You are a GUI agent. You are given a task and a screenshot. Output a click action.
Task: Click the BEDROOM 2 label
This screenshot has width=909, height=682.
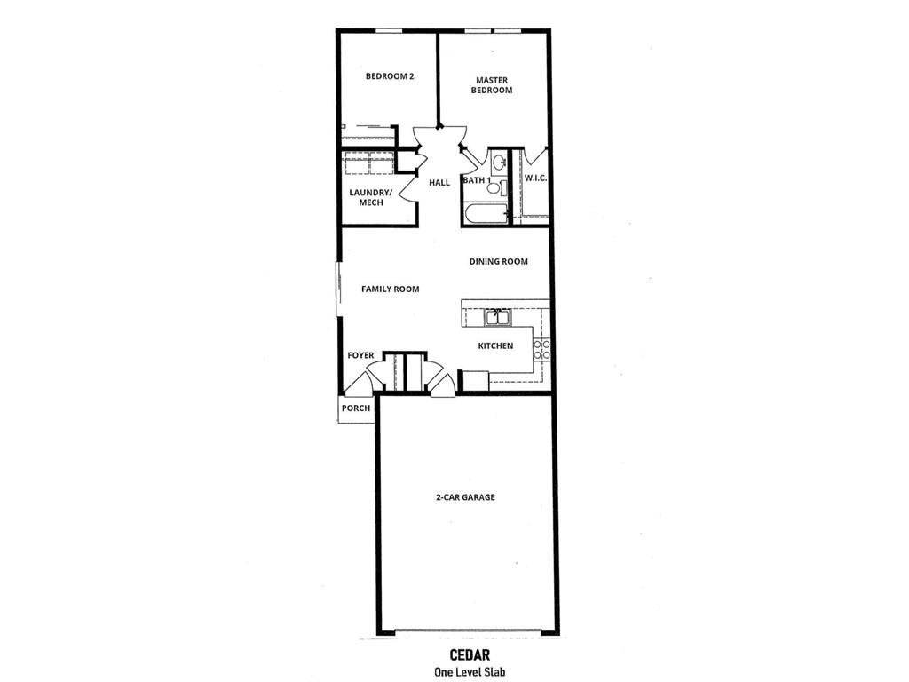(x=390, y=76)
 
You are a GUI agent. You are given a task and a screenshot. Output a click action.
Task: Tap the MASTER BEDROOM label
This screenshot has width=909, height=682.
(x=491, y=85)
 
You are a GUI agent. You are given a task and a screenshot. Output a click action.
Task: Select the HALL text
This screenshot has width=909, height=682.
(x=439, y=183)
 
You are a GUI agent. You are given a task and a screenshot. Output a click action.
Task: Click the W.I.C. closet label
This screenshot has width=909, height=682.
(x=535, y=178)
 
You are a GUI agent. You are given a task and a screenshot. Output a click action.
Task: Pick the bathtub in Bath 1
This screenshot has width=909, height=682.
(x=485, y=214)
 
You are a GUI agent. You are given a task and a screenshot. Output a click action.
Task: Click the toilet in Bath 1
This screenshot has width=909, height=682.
(x=495, y=188)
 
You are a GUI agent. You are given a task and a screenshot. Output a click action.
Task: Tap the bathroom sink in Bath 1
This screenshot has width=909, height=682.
(x=500, y=162)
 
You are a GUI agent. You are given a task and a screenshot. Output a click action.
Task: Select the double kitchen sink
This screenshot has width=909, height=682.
(x=496, y=317)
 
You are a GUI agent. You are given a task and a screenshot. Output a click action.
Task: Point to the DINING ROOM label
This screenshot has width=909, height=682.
(x=499, y=262)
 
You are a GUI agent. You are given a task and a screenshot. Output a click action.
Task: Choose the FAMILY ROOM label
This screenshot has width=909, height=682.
(x=390, y=289)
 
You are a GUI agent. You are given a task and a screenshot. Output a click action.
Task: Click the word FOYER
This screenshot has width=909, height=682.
(x=360, y=355)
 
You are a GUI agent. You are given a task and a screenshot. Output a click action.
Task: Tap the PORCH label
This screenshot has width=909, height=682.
(x=356, y=408)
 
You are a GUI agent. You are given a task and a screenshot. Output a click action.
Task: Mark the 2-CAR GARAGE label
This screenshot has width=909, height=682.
(x=465, y=497)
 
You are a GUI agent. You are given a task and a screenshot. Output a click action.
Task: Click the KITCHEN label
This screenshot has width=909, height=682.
(x=495, y=345)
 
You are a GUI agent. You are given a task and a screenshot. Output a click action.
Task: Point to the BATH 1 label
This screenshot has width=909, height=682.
(x=476, y=181)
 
